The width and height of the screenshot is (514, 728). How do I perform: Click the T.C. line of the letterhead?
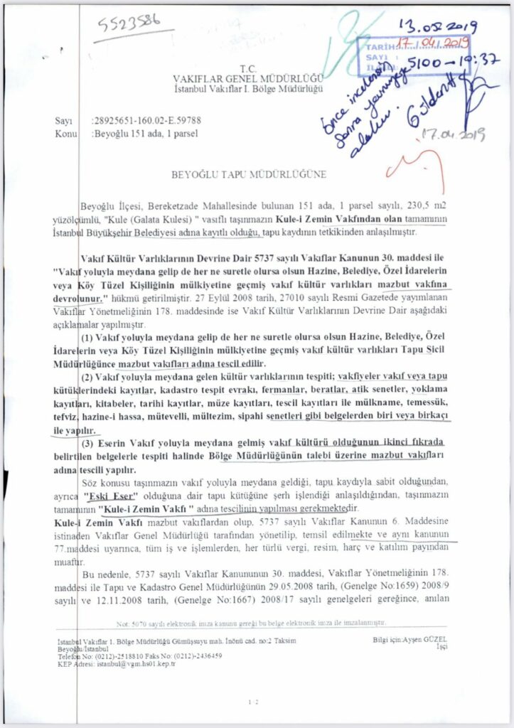(247, 67)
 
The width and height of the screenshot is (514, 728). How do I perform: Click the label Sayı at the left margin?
(65, 122)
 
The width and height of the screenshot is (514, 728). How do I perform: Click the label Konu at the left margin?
(66, 133)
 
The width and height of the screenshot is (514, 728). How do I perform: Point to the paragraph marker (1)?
(89, 336)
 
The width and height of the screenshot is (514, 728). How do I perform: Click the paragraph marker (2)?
(89, 376)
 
